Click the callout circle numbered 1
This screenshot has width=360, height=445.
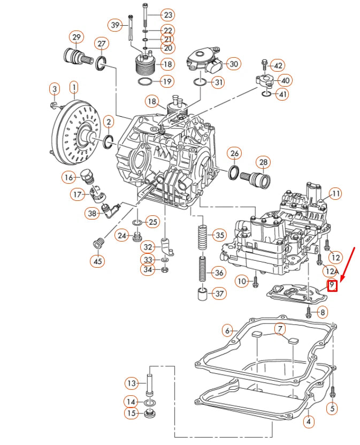[74, 86]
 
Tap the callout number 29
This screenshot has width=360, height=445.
[76, 37]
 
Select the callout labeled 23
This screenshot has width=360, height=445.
[167, 14]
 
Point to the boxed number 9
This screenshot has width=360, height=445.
[332, 285]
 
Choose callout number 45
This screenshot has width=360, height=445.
[97, 261]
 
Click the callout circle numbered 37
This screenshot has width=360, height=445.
[218, 293]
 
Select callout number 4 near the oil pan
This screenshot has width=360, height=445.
[308, 421]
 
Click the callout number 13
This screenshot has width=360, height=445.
[132, 383]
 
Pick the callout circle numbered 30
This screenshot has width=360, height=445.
[233, 64]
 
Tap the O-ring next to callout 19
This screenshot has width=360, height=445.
[144, 82]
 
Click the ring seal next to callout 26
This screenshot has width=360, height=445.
[234, 173]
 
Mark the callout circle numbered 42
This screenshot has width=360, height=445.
[278, 65]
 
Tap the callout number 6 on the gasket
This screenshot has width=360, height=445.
[227, 330]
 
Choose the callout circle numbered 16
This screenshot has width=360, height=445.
[68, 177]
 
